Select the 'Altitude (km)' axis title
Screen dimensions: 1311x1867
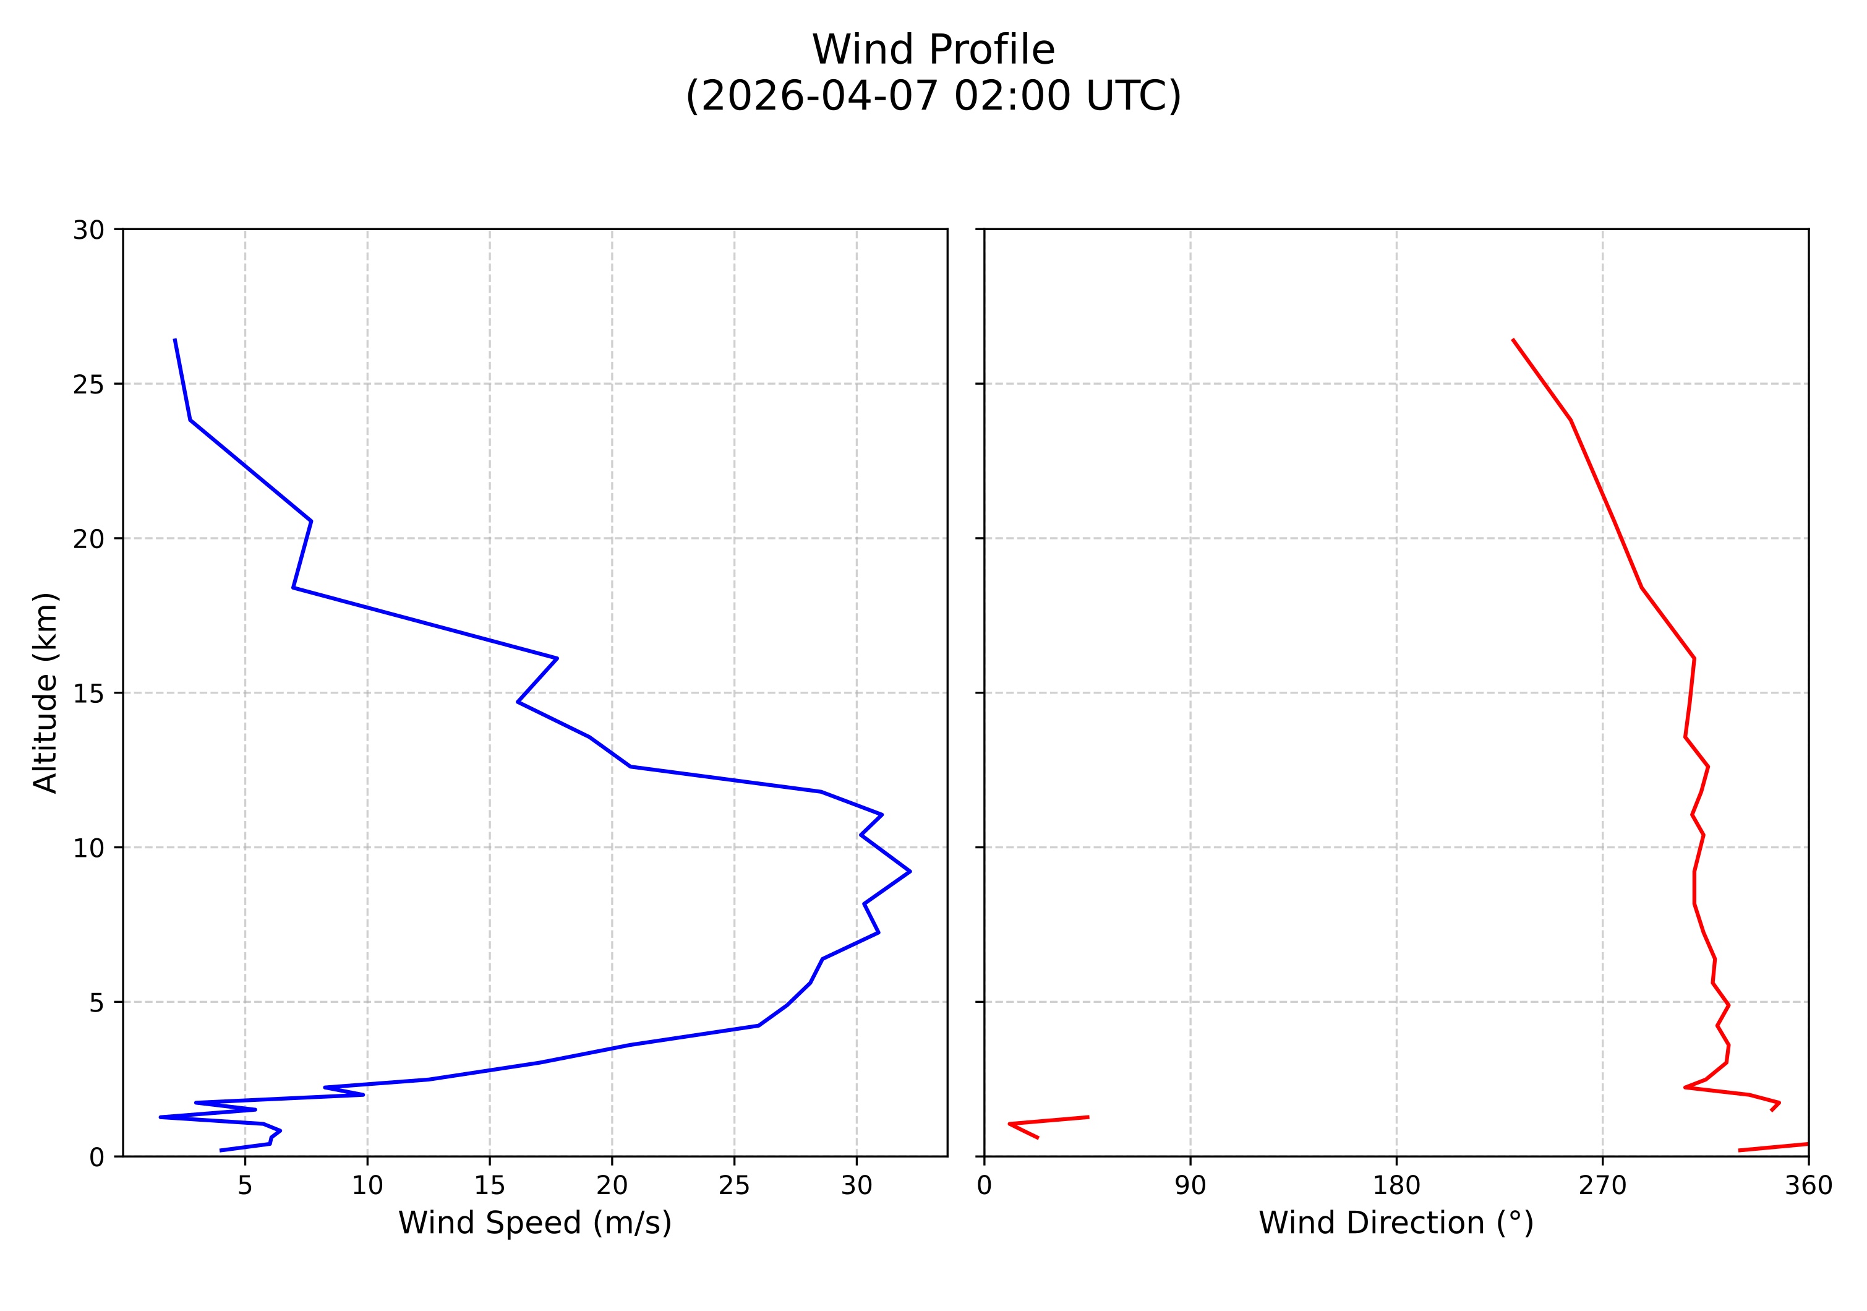[x=46, y=692]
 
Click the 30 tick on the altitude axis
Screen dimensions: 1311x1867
[x=88, y=230]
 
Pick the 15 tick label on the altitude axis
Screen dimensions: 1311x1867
[x=88, y=694]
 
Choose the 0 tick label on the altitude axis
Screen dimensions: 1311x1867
[x=96, y=1158]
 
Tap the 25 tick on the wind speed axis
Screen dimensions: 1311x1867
[x=733, y=1186]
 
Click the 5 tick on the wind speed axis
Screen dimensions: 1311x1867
[x=245, y=1186]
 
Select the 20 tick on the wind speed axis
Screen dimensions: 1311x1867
[x=612, y=1186]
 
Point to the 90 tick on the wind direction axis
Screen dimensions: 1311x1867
[x=1190, y=1186]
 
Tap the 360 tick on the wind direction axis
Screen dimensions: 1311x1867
[x=1808, y=1186]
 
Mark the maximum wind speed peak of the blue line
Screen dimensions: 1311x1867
[x=910, y=871]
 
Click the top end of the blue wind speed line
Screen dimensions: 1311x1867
[x=175, y=339]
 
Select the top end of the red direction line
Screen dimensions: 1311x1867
[x=1513, y=339]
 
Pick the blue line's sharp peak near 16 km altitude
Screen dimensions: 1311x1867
[x=557, y=658]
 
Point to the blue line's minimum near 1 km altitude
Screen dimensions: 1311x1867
[x=160, y=1117]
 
